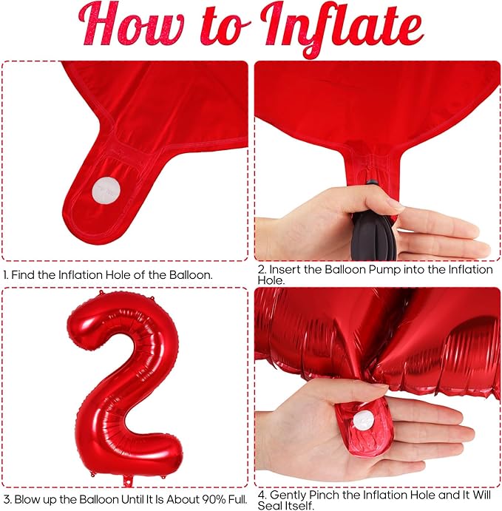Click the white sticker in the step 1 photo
[106, 190]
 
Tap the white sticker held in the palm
[363, 420]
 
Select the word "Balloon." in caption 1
[191, 275]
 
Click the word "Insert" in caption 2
[283, 270]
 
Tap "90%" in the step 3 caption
[214, 499]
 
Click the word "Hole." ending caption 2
[271, 280]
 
